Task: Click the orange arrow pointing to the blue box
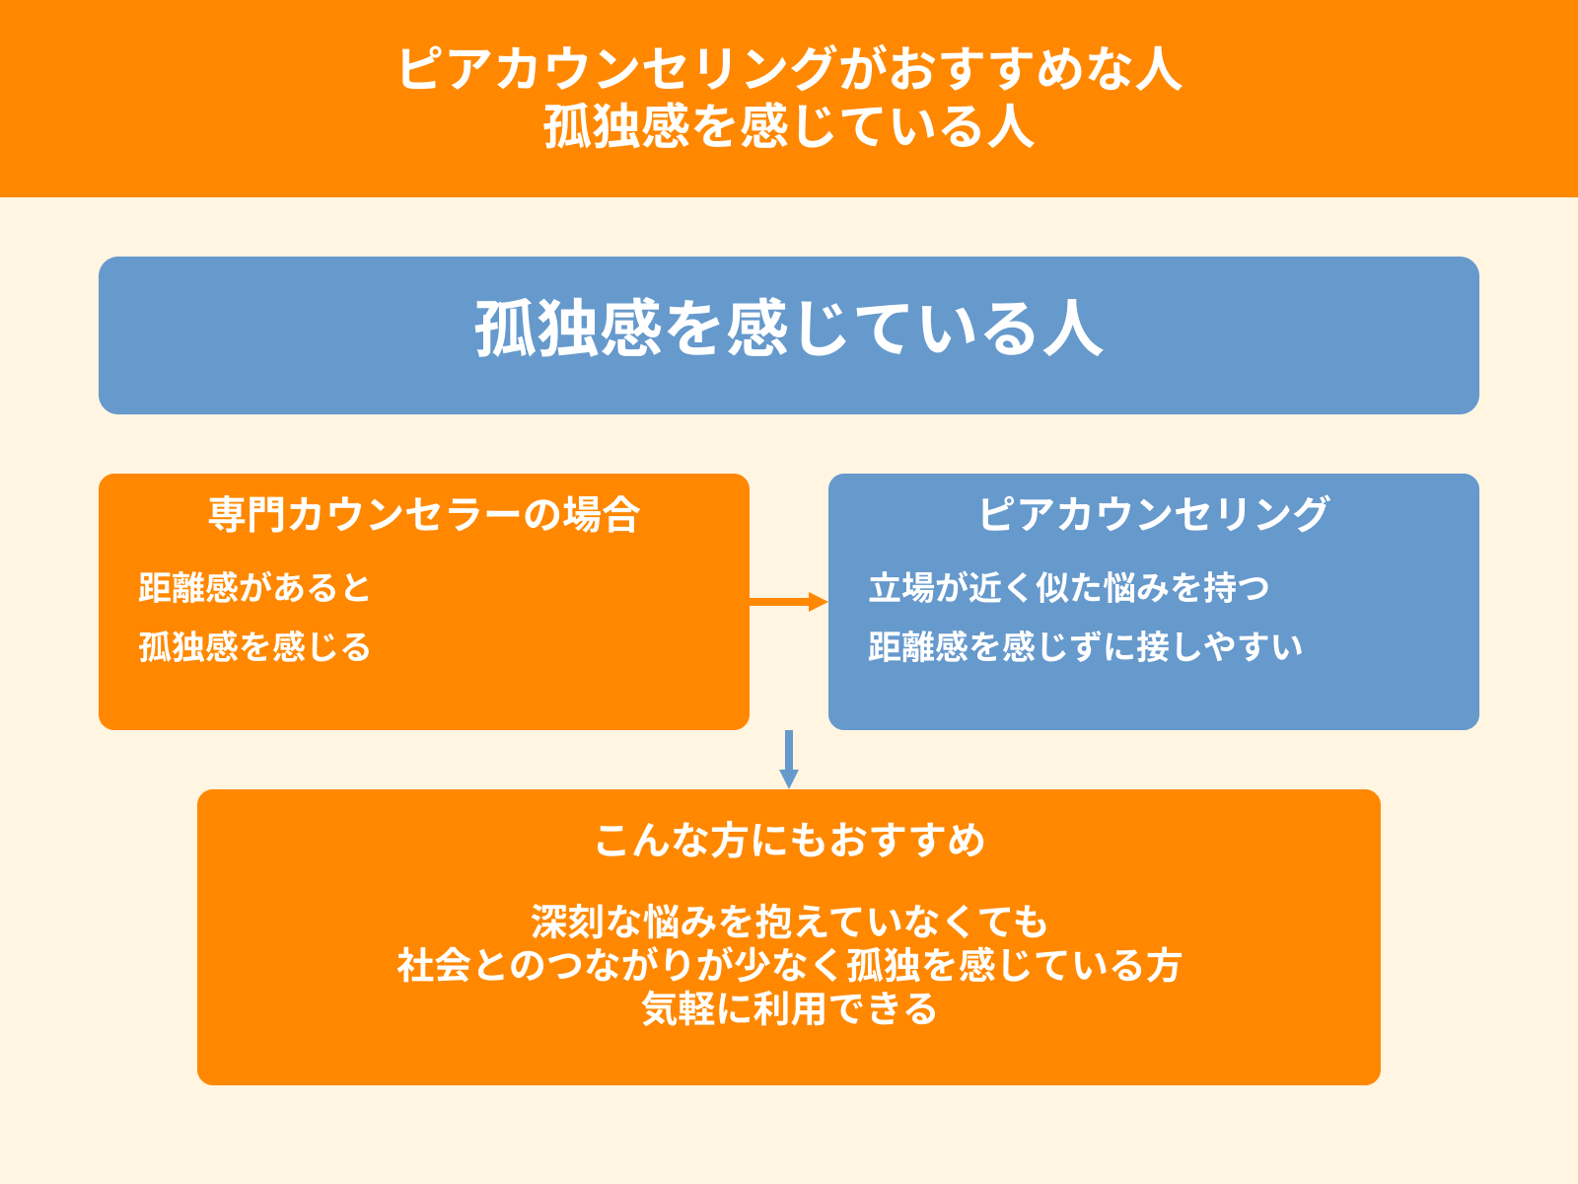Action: pyautogui.click(x=788, y=602)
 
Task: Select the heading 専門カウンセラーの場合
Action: pyautogui.click(x=424, y=515)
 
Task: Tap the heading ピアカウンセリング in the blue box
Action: pyautogui.click(x=1153, y=515)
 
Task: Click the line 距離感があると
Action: pyautogui.click(x=254, y=588)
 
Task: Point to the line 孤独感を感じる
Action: pyautogui.click(x=254, y=647)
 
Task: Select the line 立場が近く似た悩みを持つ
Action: pyautogui.click(x=1068, y=588)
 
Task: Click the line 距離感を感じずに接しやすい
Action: pyautogui.click(x=1085, y=647)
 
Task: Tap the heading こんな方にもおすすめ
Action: pyautogui.click(x=789, y=841)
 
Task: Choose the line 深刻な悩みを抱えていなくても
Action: pyautogui.click(x=789, y=922)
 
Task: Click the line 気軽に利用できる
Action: pyautogui.click(x=789, y=1009)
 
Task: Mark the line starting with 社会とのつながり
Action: pyautogui.click(x=789, y=966)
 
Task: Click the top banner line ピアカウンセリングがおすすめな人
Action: pyautogui.click(x=789, y=70)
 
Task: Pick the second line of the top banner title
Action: pyautogui.click(x=789, y=127)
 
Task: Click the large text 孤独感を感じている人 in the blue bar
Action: pyautogui.click(x=789, y=330)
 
